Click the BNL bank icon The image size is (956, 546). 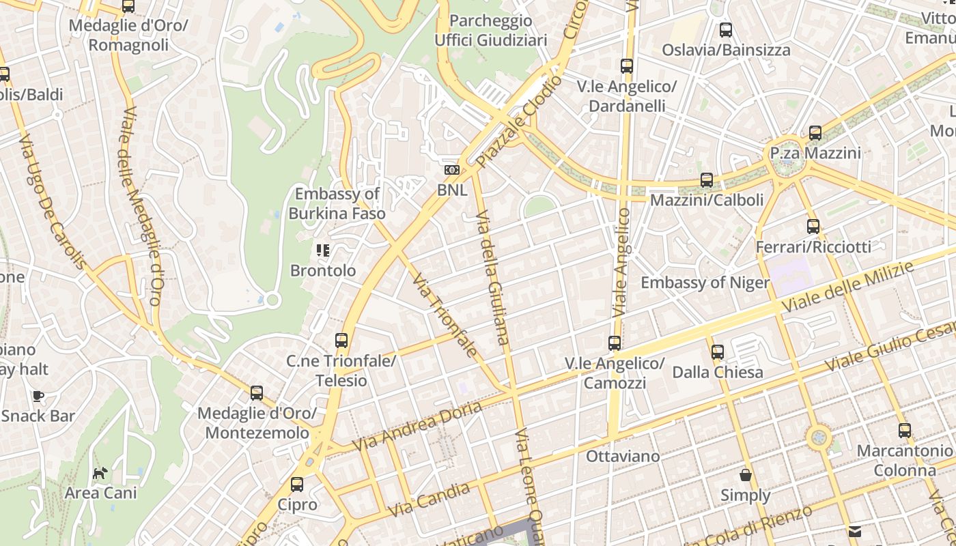(x=451, y=170)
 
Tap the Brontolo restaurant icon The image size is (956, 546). (x=323, y=250)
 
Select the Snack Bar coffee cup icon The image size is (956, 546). (x=38, y=396)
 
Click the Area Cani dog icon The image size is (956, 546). (x=100, y=472)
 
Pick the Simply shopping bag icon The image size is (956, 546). (x=746, y=475)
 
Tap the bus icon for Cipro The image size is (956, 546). (x=297, y=485)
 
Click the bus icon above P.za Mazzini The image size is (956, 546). (x=815, y=133)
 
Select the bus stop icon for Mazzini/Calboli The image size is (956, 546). (x=707, y=180)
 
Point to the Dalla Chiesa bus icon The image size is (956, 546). (x=718, y=352)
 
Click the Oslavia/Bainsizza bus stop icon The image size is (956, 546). (x=726, y=30)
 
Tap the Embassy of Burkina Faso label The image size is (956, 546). (x=337, y=203)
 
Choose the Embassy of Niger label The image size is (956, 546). (x=705, y=283)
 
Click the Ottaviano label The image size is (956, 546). (x=623, y=456)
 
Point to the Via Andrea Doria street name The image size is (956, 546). (x=417, y=427)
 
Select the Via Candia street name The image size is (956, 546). (x=429, y=500)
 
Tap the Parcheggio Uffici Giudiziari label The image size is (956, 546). (x=491, y=31)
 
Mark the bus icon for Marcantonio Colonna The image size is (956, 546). (x=905, y=431)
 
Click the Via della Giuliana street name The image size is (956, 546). (x=492, y=280)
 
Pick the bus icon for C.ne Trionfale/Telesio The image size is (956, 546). (x=341, y=340)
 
